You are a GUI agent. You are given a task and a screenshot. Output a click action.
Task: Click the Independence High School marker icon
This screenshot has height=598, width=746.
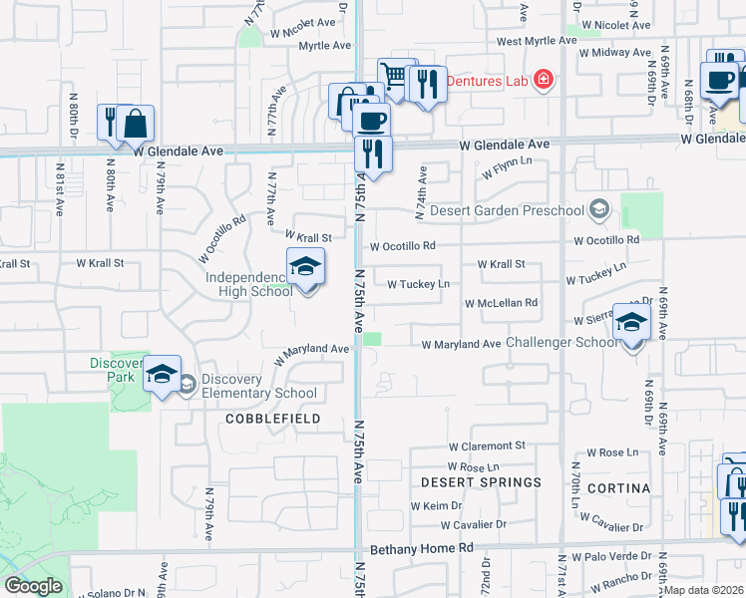tap(306, 268)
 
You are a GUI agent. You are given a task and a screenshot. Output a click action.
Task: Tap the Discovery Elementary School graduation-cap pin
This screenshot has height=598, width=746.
tap(162, 375)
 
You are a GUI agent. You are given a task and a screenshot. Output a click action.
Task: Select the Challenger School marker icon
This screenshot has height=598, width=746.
tap(631, 323)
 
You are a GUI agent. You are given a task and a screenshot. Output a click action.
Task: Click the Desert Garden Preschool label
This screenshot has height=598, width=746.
tap(507, 210)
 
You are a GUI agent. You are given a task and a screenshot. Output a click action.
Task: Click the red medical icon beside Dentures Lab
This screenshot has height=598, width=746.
tap(544, 80)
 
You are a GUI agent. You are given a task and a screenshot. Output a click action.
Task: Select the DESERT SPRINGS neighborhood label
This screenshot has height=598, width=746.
tap(481, 482)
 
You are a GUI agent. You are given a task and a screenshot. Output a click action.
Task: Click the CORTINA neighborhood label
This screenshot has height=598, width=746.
tap(618, 488)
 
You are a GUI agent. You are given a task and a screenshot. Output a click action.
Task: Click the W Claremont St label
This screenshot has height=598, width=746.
tap(487, 447)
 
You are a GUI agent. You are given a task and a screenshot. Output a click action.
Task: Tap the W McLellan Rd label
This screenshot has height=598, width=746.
tap(501, 303)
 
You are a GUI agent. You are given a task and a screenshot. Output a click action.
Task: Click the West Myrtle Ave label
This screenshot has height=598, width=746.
tap(537, 41)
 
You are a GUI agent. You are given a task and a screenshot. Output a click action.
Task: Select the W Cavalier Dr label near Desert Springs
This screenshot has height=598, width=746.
tap(486, 525)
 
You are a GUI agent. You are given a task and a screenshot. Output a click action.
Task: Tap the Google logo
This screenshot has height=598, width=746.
tap(34, 586)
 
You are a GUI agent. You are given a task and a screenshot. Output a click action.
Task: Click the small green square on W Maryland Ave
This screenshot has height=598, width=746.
tap(372, 339)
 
